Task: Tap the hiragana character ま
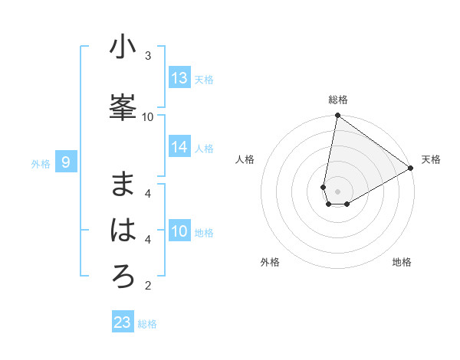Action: coord(123,185)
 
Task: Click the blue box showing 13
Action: coord(179,78)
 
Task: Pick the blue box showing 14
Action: coord(179,148)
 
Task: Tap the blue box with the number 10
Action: coord(179,232)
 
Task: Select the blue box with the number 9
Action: coord(66,162)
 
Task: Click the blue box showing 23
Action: coord(123,322)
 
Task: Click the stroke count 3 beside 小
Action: coord(148,55)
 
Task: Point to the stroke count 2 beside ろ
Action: coord(148,286)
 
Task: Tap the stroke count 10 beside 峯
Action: coord(148,116)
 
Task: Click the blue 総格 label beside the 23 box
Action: coord(147,324)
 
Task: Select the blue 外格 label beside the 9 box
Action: coord(40,164)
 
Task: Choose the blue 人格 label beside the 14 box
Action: coord(204,149)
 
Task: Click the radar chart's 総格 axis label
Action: coord(337,100)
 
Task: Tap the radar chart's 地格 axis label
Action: coord(402,262)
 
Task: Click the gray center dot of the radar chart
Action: coord(337,191)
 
